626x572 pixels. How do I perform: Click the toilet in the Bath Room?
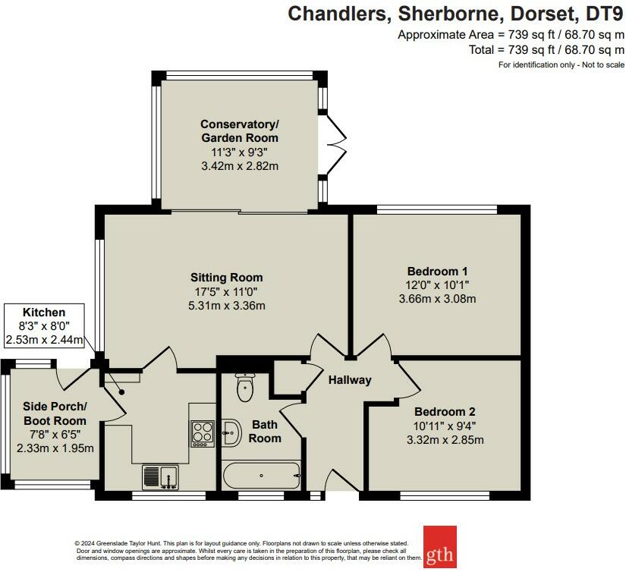(245, 387)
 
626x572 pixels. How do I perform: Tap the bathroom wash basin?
(231, 432)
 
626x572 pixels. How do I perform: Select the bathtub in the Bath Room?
(262, 476)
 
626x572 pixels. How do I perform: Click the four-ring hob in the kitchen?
(203, 434)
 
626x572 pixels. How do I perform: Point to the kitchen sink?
(161, 477)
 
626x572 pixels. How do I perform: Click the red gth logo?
(440, 546)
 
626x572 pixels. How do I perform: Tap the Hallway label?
(350, 380)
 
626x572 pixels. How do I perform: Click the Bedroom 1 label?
(437, 272)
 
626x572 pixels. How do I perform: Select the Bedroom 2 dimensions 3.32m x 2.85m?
(445, 440)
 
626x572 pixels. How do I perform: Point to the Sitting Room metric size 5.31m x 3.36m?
(227, 306)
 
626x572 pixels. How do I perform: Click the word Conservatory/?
(240, 124)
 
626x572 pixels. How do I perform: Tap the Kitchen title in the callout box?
(44, 312)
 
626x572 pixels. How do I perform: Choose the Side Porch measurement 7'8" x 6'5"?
(55, 434)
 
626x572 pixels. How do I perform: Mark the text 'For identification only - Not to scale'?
(561, 64)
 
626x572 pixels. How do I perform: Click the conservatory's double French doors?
(335, 145)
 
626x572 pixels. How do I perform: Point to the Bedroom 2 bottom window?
(445, 496)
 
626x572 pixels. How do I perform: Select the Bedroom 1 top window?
(437, 209)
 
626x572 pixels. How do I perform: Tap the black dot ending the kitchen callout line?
(121, 392)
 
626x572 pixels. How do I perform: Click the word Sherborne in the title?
(449, 14)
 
